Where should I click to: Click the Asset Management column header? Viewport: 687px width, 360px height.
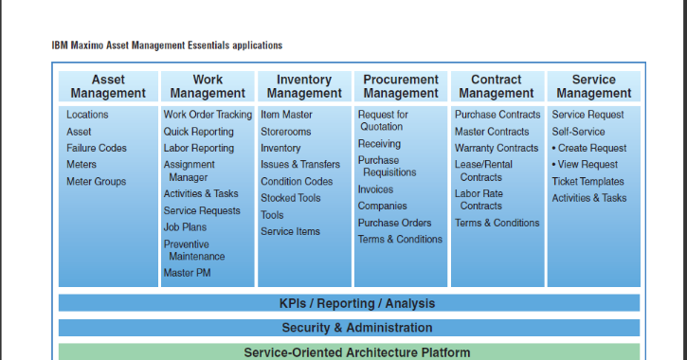108,86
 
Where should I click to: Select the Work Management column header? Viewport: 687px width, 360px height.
208,86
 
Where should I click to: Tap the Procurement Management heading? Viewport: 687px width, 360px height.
401,86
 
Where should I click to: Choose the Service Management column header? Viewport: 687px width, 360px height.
593,86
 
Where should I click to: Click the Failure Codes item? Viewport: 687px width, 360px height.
97,148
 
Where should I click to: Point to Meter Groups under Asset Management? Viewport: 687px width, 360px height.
96,181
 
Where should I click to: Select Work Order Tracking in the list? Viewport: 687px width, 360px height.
208,115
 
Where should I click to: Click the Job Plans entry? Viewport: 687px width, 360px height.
185,227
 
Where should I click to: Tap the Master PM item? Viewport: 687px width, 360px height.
187,273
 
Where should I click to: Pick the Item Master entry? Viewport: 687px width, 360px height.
286,115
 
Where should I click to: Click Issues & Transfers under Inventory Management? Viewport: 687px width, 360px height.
298,165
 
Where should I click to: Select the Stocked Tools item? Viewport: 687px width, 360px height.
291,198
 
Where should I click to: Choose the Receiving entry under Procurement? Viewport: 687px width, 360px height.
379,144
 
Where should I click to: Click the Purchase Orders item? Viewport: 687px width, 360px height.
394,223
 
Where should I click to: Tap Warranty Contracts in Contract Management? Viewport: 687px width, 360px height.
497,148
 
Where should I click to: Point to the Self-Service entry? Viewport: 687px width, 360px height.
578,132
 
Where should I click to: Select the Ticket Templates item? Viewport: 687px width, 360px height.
588,181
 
